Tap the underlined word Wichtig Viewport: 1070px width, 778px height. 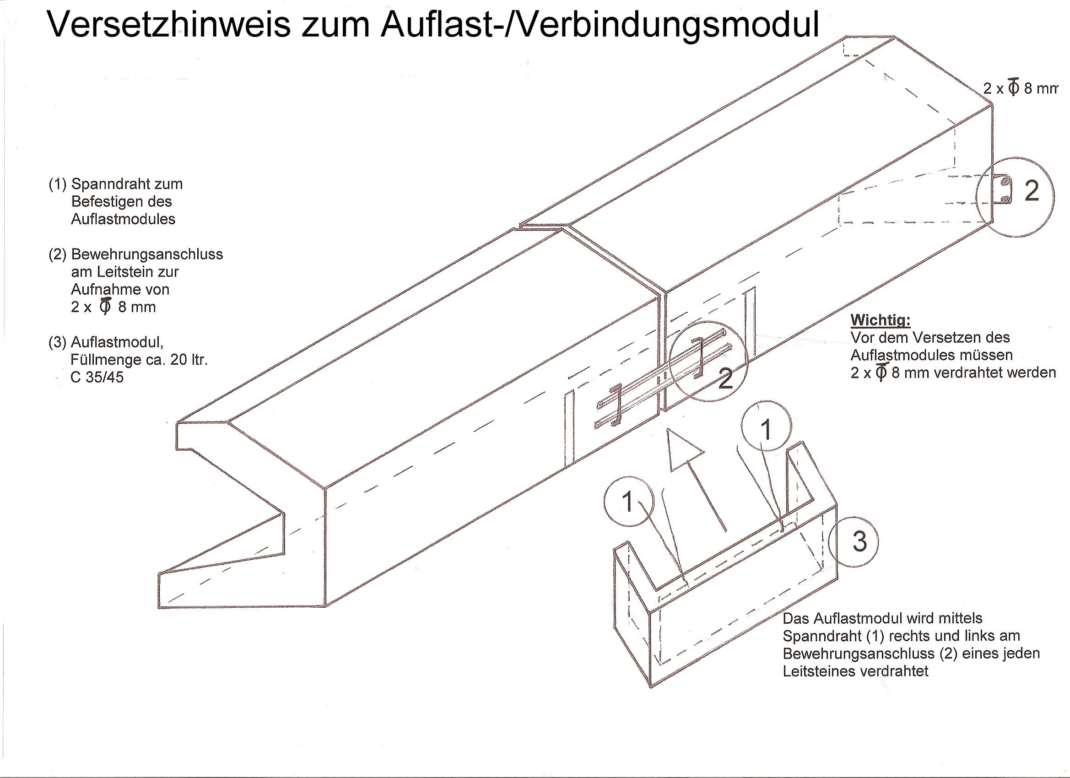[x=880, y=320]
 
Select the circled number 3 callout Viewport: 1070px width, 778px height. [x=859, y=541]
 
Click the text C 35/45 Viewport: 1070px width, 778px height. [x=97, y=378]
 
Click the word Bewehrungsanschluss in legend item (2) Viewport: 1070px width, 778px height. [x=147, y=254]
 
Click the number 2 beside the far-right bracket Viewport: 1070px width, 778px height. [x=1031, y=192]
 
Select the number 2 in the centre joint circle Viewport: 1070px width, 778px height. [x=725, y=378]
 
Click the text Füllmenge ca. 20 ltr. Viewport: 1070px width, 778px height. [x=139, y=360]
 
